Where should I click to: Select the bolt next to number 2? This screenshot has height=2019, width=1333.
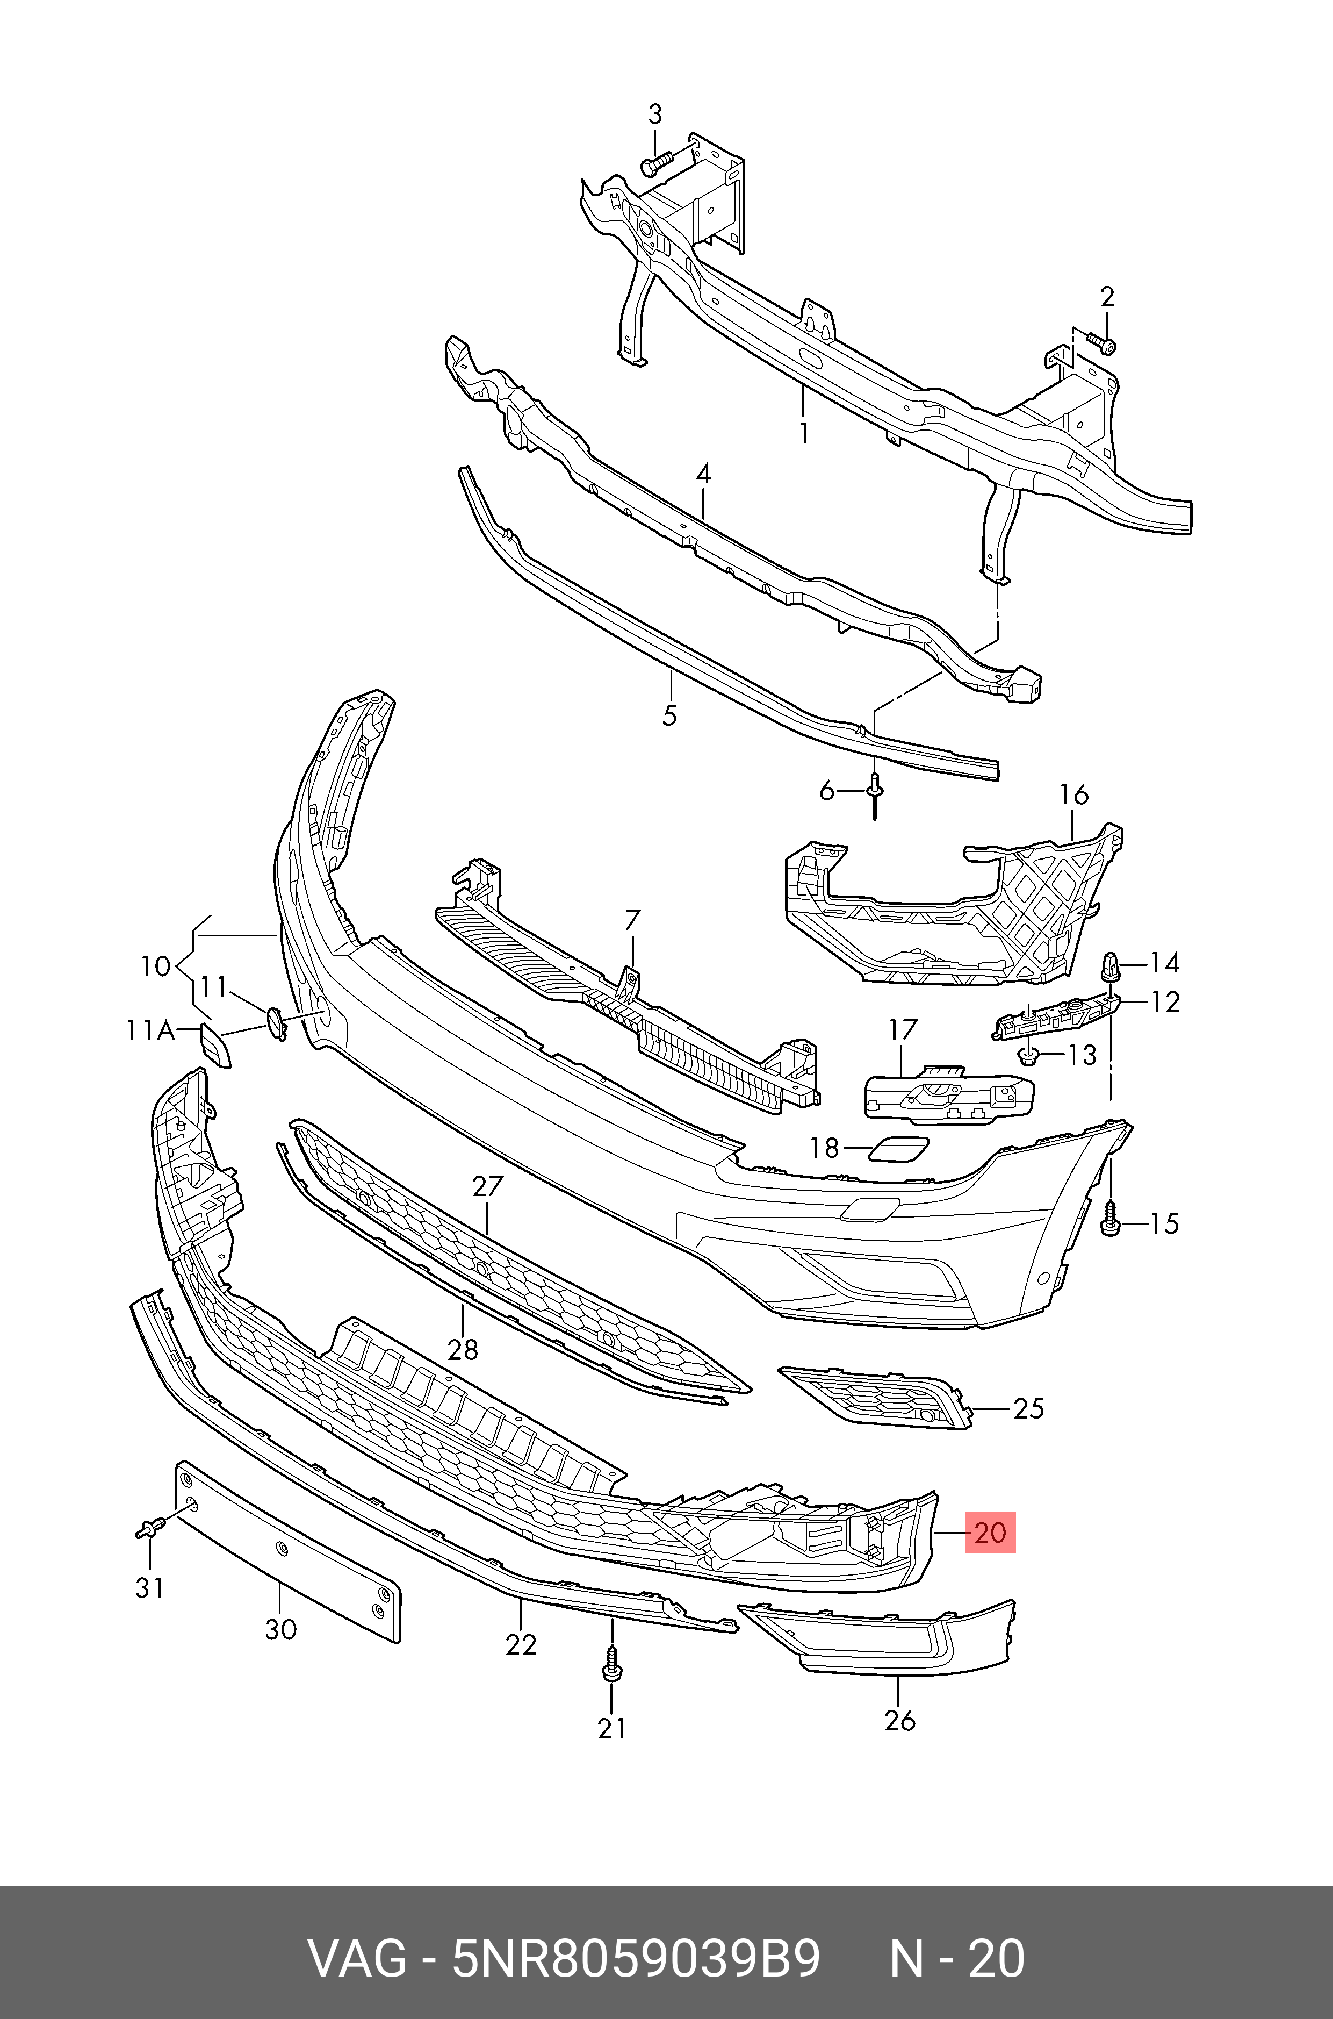click(1103, 345)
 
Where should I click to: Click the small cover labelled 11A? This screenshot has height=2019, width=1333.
click(215, 1045)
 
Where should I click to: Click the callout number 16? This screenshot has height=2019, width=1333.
click(1073, 794)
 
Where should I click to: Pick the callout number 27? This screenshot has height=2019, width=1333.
click(488, 1186)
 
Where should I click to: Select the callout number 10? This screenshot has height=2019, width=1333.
click(156, 966)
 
